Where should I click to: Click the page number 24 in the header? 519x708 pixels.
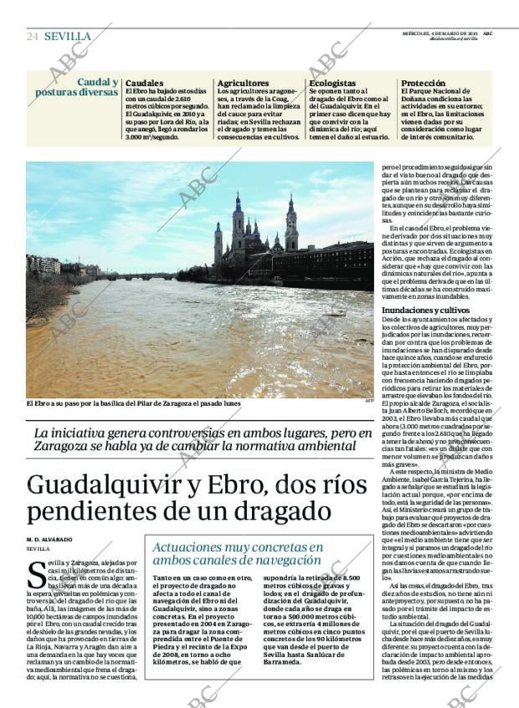click(33, 36)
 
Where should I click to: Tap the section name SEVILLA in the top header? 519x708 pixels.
click(67, 36)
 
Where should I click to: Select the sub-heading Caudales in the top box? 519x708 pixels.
click(145, 84)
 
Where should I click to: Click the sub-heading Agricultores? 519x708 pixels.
click(244, 84)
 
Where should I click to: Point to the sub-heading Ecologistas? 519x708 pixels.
click(332, 84)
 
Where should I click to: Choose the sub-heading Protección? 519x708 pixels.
click(423, 84)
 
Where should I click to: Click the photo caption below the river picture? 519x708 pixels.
click(133, 403)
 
